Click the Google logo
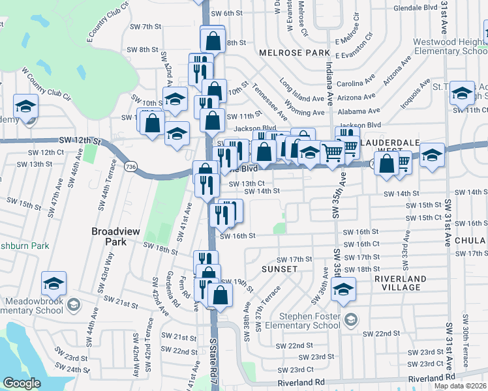click(x=22, y=383)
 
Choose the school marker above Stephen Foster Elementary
click(x=343, y=289)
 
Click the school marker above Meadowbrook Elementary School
click(x=53, y=283)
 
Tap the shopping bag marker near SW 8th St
click(x=213, y=40)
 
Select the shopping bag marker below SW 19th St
click(x=221, y=295)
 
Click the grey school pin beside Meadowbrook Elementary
click(x=73, y=305)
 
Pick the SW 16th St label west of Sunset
click(x=236, y=236)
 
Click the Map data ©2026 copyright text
click(x=461, y=386)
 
